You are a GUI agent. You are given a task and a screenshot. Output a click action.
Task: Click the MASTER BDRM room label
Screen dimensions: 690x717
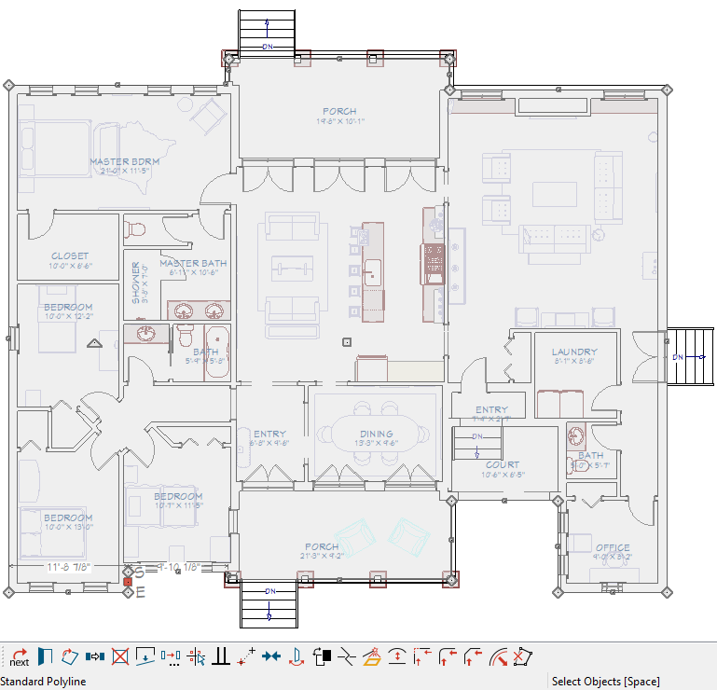point(124,161)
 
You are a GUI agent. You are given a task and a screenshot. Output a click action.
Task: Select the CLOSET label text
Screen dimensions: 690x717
point(70,255)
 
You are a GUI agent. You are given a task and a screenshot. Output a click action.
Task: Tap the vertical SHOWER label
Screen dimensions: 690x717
point(135,283)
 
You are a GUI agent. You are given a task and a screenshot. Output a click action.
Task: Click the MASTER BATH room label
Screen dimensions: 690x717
point(193,263)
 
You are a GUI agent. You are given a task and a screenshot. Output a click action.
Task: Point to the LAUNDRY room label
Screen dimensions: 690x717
point(573,352)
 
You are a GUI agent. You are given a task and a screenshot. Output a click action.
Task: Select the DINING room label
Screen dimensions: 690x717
point(377,434)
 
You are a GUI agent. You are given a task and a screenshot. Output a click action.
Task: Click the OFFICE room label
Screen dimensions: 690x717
point(612,547)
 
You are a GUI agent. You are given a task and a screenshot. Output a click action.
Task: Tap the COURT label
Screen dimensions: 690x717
point(503,464)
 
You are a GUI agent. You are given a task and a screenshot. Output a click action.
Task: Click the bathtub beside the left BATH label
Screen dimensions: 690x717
point(217,352)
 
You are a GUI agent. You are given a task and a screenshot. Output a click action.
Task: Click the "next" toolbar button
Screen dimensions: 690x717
point(19,656)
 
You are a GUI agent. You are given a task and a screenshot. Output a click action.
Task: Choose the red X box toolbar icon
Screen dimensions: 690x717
point(119,655)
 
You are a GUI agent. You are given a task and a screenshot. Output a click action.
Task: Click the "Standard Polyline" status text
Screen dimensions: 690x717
point(43,682)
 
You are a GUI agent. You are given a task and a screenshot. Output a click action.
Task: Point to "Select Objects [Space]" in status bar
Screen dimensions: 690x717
point(605,682)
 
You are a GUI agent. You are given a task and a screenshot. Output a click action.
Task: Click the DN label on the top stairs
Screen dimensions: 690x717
point(269,46)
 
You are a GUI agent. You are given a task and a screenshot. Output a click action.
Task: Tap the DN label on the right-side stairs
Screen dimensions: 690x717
point(678,357)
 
